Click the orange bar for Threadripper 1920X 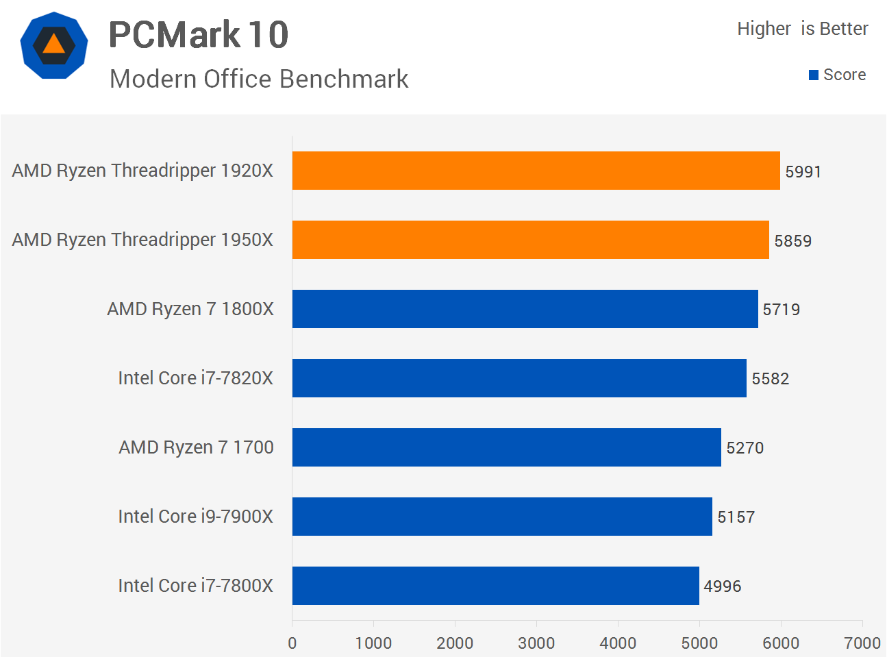pyautogui.click(x=536, y=171)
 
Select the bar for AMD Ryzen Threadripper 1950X pyautogui.click(x=530, y=240)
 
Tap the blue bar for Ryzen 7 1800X pyautogui.click(x=525, y=309)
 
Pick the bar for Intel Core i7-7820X pyautogui.click(x=519, y=378)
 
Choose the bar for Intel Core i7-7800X pyautogui.click(x=495, y=586)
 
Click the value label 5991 pyautogui.click(x=803, y=172)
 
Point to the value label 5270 pyautogui.click(x=745, y=448)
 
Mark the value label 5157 pyautogui.click(x=736, y=517)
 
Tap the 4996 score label pyautogui.click(x=722, y=586)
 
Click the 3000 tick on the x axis pyautogui.click(x=536, y=643)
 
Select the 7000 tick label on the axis pyautogui.click(x=862, y=643)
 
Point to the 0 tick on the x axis pyautogui.click(x=292, y=643)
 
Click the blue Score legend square pyautogui.click(x=814, y=75)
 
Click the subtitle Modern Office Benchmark pyautogui.click(x=259, y=79)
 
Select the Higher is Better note pyautogui.click(x=802, y=29)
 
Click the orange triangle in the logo pyautogui.click(x=54, y=45)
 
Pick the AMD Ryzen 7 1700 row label pyautogui.click(x=196, y=447)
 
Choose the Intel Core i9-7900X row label pyautogui.click(x=195, y=517)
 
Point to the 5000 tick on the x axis pyautogui.click(x=699, y=643)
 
